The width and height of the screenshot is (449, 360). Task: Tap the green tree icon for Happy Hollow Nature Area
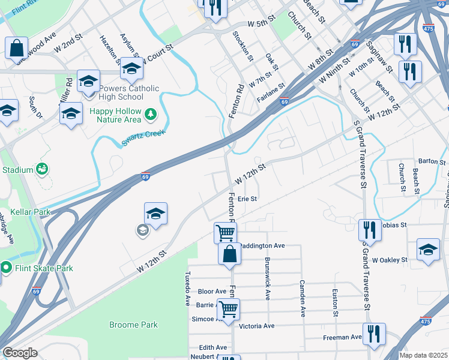(151, 114)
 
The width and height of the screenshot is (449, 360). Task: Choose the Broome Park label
(133, 325)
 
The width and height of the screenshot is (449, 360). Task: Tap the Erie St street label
(247, 199)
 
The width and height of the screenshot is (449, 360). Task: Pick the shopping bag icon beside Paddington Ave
(229, 254)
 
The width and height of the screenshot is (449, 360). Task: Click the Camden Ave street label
(303, 291)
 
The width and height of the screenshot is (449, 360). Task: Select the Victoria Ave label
(256, 326)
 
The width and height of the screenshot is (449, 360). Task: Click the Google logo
(20, 353)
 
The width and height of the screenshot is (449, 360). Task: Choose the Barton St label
(432, 162)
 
